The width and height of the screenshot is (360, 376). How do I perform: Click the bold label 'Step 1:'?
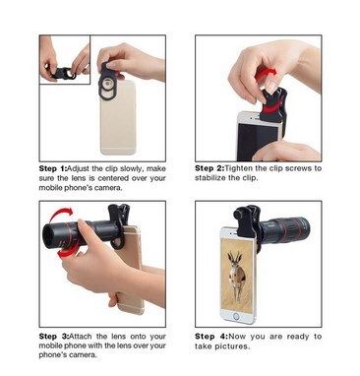[52, 168]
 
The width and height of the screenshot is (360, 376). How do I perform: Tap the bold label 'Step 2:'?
[210, 168]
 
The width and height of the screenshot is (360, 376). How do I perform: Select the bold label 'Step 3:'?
[54, 337]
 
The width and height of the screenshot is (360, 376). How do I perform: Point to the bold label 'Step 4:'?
[211, 337]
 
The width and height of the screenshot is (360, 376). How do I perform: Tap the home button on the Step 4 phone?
[236, 317]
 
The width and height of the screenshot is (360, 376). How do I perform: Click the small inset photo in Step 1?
[65, 60]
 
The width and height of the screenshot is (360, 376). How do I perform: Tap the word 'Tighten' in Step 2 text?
[239, 168]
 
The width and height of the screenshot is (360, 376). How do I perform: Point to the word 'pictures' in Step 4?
[235, 346]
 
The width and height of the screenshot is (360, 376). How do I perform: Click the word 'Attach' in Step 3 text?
[81, 337]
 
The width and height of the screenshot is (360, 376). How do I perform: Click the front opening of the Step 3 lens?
[50, 235]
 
